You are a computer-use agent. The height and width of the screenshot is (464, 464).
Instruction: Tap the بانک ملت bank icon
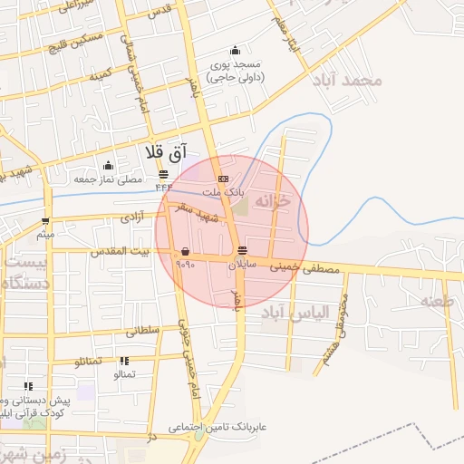[x=223, y=179]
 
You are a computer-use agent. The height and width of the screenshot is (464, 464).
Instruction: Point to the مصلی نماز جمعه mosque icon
[x=109, y=165]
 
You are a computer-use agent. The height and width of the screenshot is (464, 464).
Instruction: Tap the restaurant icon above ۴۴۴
[x=163, y=174]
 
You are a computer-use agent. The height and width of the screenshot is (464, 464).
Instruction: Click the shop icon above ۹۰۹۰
[x=186, y=251]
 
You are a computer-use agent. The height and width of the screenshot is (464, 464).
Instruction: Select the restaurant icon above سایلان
[x=241, y=251]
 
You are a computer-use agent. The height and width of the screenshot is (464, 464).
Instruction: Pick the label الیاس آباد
[x=286, y=313]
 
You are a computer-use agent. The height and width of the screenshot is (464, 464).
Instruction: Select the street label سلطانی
[x=142, y=332]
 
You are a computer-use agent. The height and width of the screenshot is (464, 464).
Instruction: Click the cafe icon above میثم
[x=46, y=220]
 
